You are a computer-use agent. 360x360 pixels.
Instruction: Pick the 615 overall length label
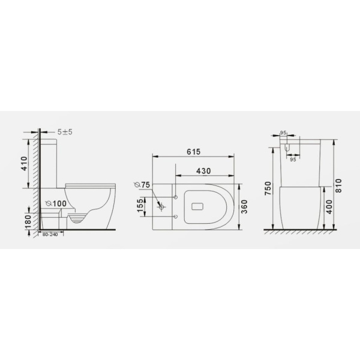[x=193, y=152]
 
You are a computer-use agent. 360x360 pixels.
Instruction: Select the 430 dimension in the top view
[x=203, y=171]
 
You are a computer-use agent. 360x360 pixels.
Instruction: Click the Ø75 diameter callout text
[x=141, y=184]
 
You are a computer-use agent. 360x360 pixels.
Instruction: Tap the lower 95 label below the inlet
[x=293, y=160]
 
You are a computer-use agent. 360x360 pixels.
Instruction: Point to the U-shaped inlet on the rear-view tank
[x=287, y=146]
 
